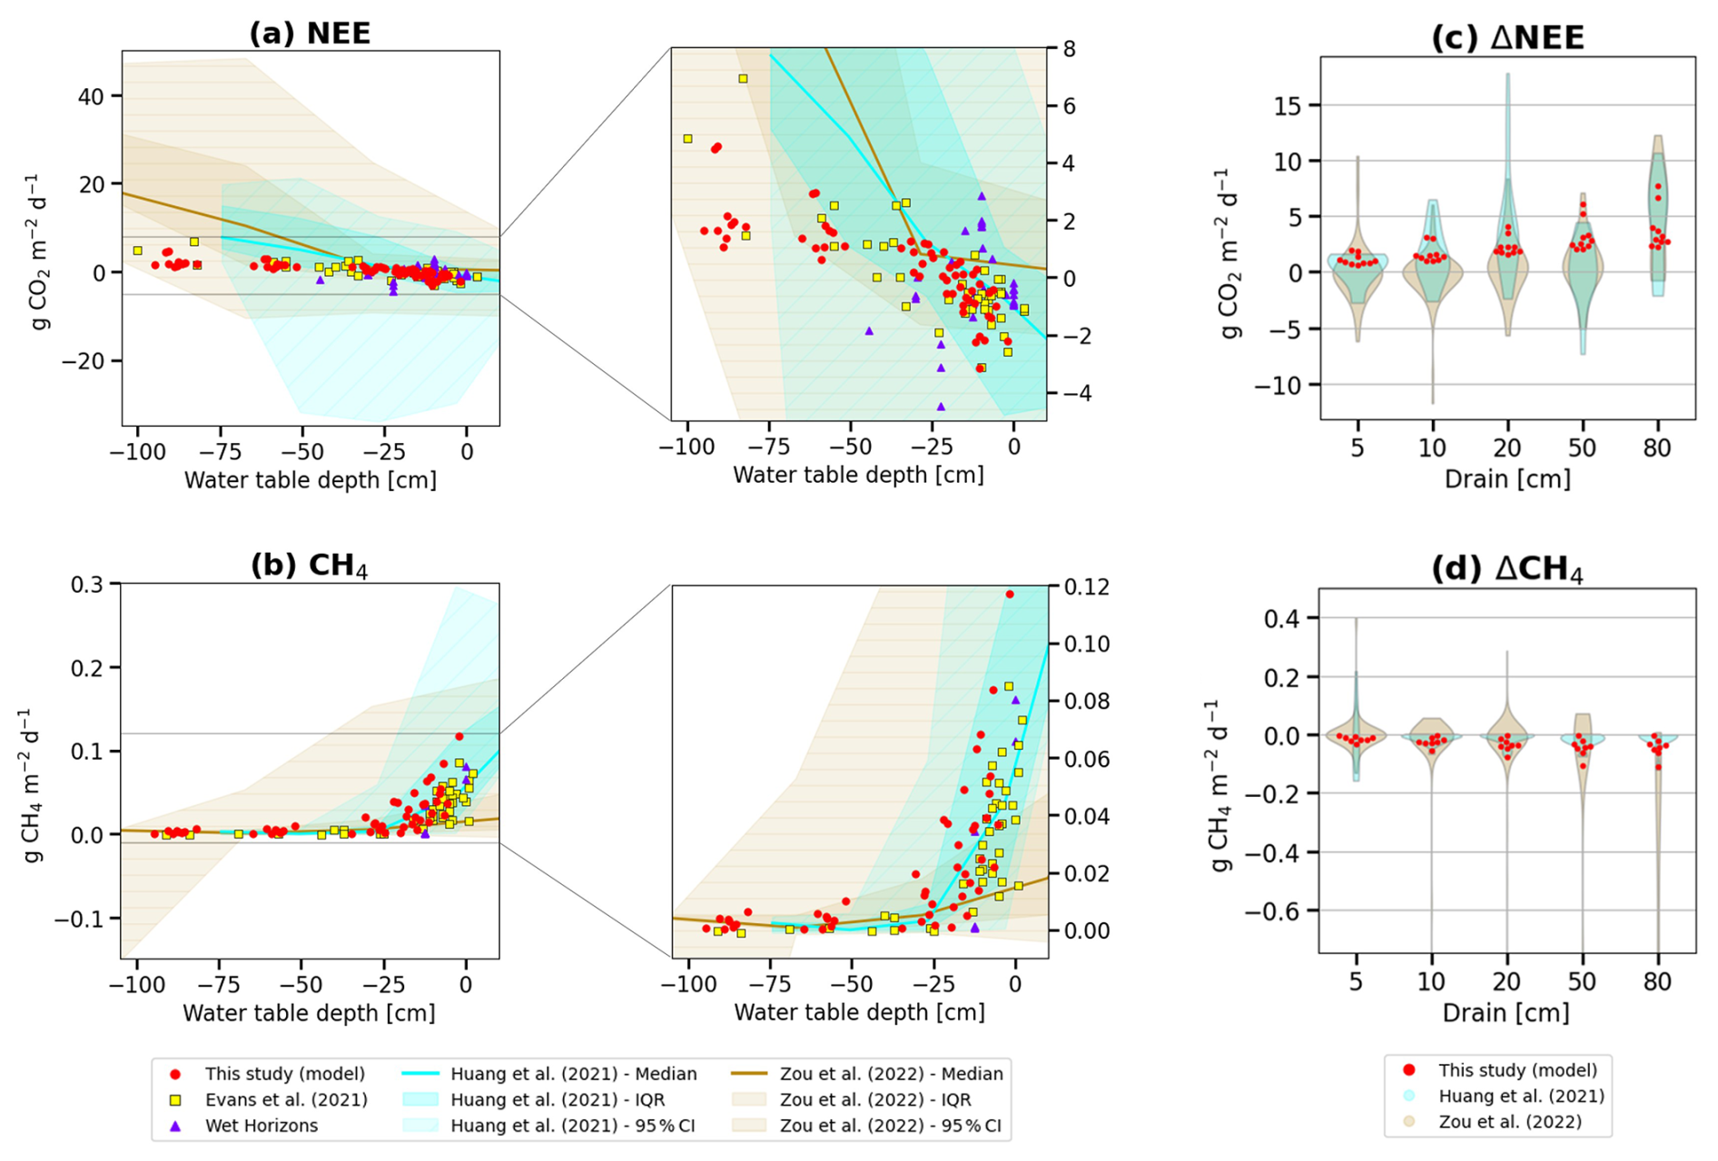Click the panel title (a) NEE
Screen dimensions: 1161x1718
(310, 34)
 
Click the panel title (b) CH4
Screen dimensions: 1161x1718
(310, 566)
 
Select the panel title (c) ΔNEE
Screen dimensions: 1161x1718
(1507, 38)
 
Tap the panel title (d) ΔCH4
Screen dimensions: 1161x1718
(1507, 570)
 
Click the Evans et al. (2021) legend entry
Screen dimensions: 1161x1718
(286, 1100)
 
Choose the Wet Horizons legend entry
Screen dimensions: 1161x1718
(262, 1126)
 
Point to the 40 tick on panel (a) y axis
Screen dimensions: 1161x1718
(96, 95)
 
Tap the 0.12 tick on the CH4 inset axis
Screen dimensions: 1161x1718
(1075, 586)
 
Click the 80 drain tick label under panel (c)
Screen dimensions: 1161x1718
(1657, 448)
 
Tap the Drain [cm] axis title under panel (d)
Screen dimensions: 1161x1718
(1506, 1012)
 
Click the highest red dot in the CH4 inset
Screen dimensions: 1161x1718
(1010, 595)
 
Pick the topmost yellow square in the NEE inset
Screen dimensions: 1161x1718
(743, 79)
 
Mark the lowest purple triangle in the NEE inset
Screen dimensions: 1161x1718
(941, 407)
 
